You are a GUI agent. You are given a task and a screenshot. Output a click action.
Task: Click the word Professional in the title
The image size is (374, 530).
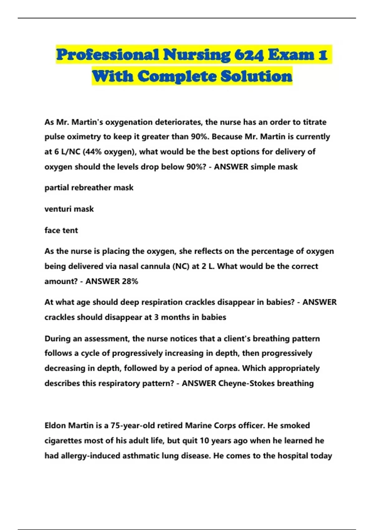(108, 55)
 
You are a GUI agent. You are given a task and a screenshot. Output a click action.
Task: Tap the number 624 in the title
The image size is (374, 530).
(249, 55)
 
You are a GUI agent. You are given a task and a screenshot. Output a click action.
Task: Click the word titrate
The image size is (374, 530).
(314, 122)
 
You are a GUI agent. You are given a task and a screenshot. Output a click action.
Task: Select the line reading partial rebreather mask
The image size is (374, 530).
(89, 188)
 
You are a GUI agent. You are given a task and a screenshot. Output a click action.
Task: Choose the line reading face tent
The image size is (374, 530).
(61, 230)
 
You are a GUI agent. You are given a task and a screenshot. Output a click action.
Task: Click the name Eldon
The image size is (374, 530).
(55, 426)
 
